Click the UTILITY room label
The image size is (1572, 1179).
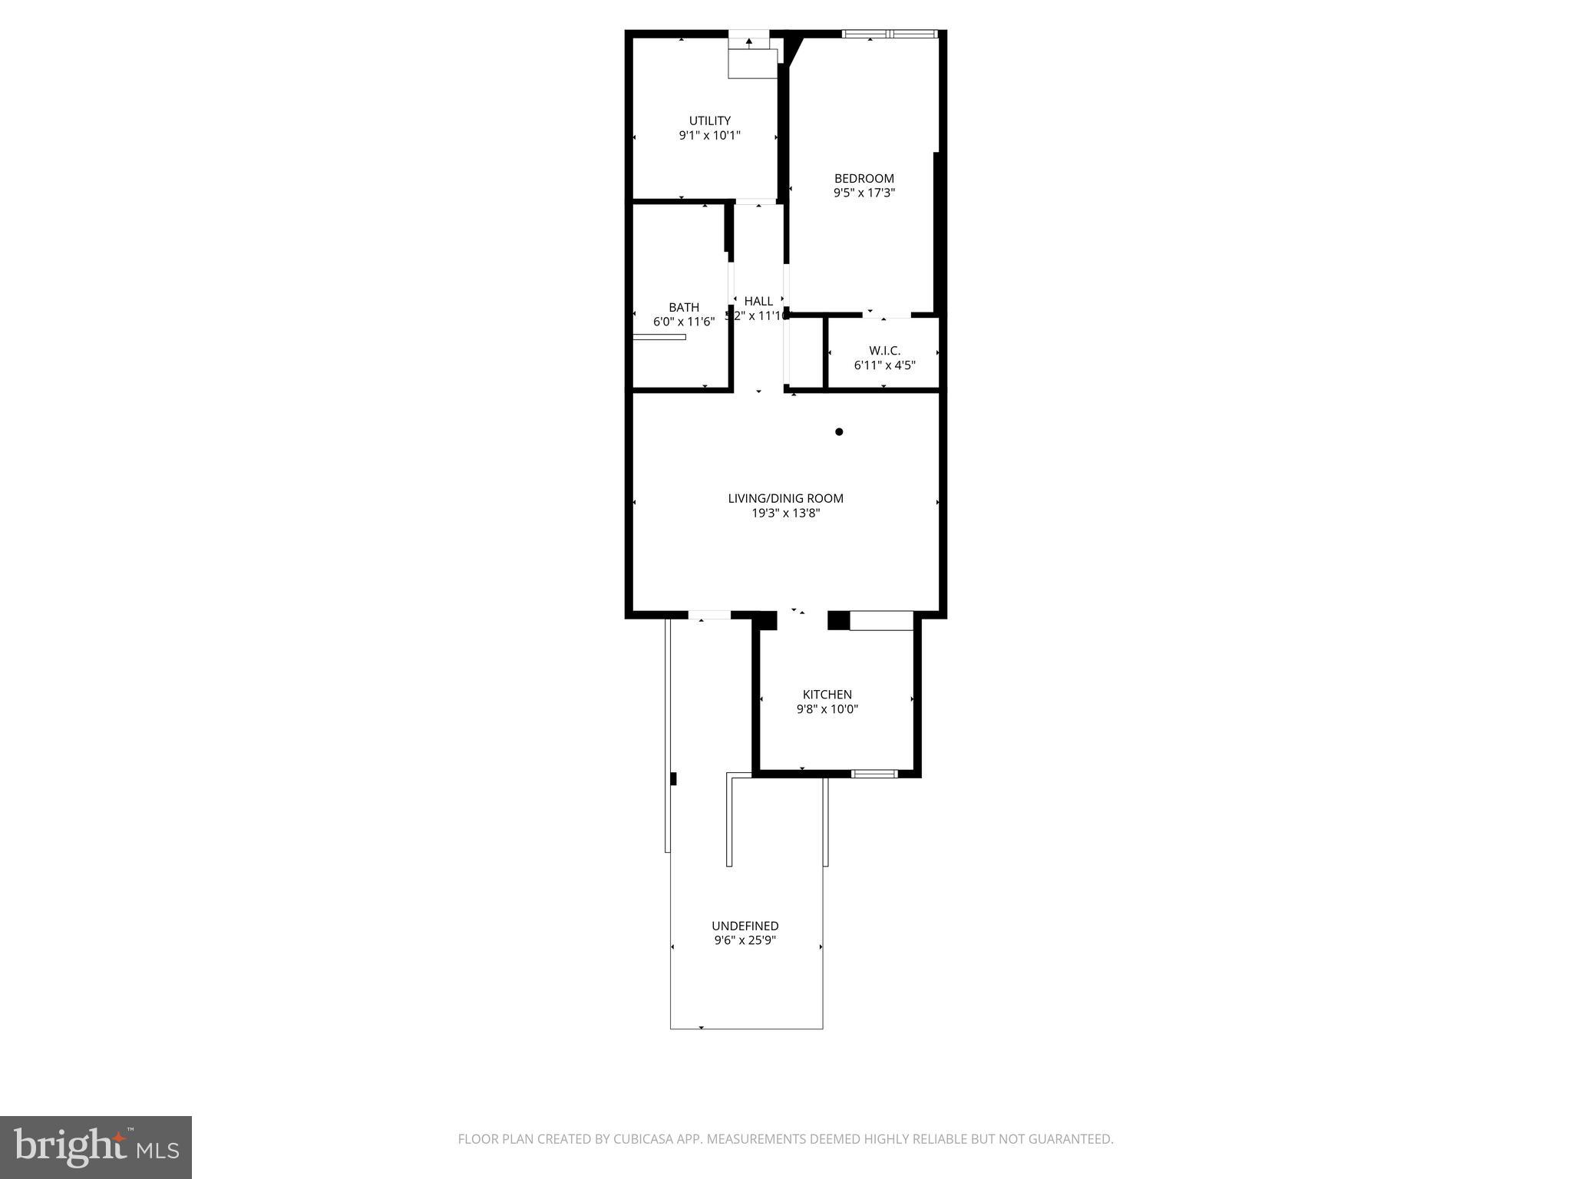click(x=709, y=121)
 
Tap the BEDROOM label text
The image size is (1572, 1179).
click(x=864, y=179)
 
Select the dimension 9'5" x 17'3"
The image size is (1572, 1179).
click(x=864, y=193)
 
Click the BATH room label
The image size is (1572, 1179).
click(x=683, y=308)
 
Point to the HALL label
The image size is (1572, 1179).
click(x=758, y=301)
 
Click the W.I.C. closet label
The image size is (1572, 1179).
click(x=884, y=351)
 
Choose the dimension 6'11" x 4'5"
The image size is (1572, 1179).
click(x=884, y=365)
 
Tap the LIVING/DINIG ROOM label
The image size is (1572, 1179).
click(x=785, y=498)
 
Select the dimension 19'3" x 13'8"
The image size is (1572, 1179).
click(x=785, y=513)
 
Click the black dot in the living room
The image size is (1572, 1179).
click(x=839, y=432)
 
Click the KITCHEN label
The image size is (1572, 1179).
click(x=827, y=695)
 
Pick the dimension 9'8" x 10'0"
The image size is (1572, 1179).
click(x=827, y=709)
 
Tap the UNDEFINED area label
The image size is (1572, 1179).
click(x=745, y=926)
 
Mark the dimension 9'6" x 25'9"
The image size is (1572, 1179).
click(x=745, y=940)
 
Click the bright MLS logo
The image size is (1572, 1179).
click(x=96, y=1148)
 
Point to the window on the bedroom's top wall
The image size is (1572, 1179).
click(x=890, y=34)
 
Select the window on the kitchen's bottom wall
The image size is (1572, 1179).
click(x=874, y=773)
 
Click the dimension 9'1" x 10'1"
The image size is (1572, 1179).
click(x=709, y=136)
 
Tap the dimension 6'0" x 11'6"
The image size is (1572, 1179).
click(x=683, y=322)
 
